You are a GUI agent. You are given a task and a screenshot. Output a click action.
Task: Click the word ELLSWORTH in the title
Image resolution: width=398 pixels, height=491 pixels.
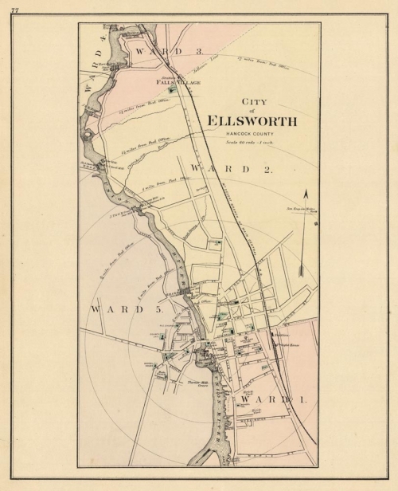coord(252,121)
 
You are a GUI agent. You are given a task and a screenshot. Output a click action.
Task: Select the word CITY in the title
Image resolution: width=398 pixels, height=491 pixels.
coord(252,101)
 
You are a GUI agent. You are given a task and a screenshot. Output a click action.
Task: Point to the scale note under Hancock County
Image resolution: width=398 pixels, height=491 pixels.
coord(250,142)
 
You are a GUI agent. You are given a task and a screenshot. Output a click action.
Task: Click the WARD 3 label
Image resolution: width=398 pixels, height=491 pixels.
coord(159,50)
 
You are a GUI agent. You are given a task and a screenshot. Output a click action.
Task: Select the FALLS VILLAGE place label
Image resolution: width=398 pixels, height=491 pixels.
coord(178,82)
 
